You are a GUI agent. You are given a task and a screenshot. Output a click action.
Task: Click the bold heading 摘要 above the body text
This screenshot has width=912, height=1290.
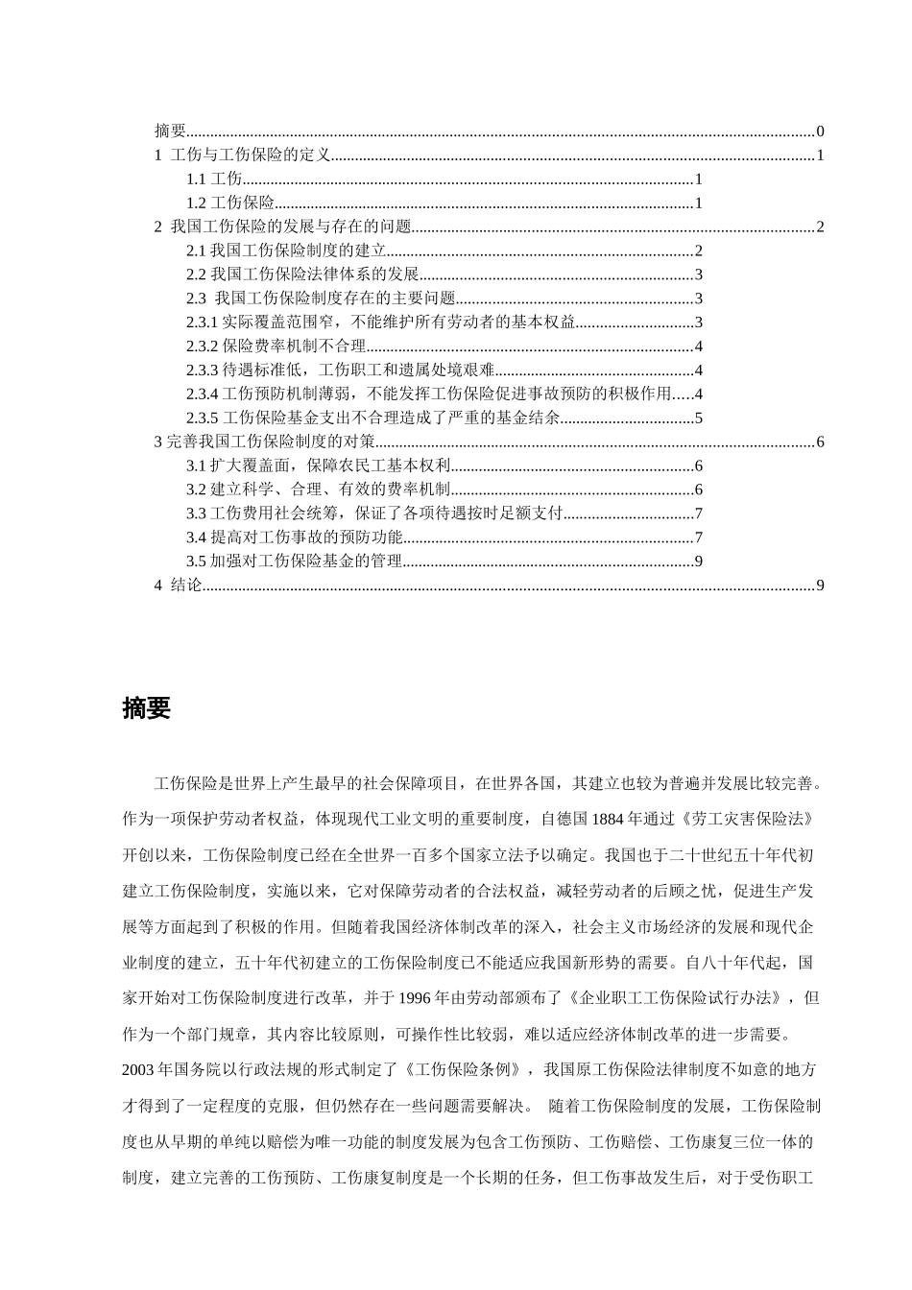point(147,708)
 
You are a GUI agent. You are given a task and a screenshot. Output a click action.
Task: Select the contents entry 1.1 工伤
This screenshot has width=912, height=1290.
point(214,179)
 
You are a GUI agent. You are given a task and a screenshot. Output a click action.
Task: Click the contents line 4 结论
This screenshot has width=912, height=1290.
point(178,585)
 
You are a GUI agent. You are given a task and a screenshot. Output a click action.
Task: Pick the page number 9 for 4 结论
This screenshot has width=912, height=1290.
point(820,585)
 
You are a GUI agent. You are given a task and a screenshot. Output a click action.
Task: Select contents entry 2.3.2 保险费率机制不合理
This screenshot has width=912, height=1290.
point(276,347)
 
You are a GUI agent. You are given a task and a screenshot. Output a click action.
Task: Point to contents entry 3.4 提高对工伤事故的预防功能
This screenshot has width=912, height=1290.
point(295,537)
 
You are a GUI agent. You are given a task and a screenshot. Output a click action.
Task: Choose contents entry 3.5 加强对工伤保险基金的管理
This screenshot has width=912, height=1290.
point(294,561)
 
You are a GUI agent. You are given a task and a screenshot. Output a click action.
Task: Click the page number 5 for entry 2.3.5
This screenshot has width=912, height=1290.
point(700,418)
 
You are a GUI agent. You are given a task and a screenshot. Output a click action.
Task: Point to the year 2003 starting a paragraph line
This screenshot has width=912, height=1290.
point(139,1070)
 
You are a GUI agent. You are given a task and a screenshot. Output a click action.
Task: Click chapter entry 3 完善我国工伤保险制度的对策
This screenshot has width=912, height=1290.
point(264,442)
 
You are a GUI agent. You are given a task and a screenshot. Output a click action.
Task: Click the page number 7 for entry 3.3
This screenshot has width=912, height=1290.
point(700,514)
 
